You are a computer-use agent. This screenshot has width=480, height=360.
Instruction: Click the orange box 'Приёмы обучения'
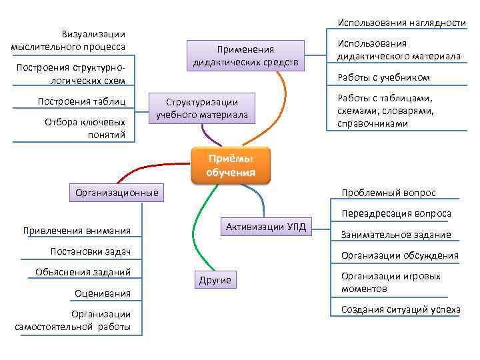click(231, 165)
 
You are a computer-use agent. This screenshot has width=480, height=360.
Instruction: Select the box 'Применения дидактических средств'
click(245, 56)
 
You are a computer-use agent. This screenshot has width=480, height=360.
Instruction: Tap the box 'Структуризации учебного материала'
click(201, 109)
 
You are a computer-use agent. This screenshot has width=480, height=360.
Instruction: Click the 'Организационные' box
click(117, 193)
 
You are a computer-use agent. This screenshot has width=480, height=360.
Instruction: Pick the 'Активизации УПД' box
click(265, 227)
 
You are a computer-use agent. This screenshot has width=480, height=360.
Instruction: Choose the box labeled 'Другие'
click(215, 280)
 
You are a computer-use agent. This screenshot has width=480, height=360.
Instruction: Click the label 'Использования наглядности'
click(401, 23)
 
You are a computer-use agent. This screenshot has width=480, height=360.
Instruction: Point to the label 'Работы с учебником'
click(383, 77)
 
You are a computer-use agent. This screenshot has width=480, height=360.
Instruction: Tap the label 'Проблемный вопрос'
click(388, 193)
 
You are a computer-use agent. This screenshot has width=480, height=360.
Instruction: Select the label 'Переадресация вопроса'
click(396, 213)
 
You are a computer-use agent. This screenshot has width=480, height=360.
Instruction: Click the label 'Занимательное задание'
click(396, 235)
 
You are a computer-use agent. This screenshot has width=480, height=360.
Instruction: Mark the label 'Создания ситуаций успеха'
click(400, 309)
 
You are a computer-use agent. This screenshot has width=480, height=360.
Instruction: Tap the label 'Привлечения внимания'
click(77, 231)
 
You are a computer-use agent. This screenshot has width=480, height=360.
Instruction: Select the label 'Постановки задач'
click(90, 251)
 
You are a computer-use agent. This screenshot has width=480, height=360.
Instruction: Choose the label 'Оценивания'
click(103, 293)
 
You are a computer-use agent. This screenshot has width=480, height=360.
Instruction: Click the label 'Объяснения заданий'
click(83, 271)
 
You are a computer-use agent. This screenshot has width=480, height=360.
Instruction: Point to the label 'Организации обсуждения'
click(399, 255)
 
